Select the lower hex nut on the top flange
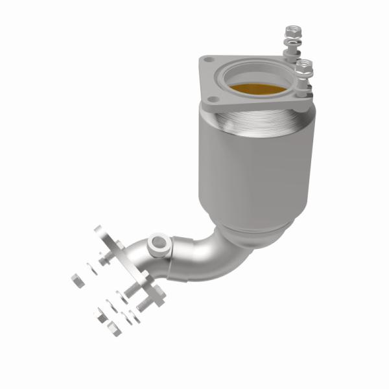(303, 65)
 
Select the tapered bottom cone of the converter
(253, 230)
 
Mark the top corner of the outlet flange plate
(99, 230)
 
